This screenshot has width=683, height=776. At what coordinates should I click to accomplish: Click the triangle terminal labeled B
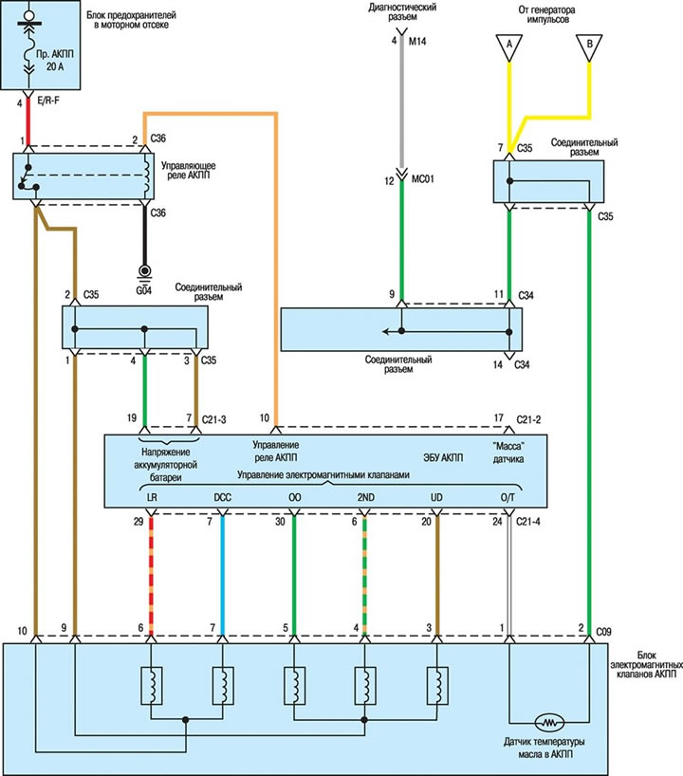pyautogui.click(x=589, y=44)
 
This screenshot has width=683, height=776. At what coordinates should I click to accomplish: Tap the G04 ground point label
pyautogui.click(x=145, y=289)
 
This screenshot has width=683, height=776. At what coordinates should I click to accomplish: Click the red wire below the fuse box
pyautogui.click(x=28, y=121)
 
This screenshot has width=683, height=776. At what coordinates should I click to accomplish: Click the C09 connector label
pyautogui.click(x=607, y=628)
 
